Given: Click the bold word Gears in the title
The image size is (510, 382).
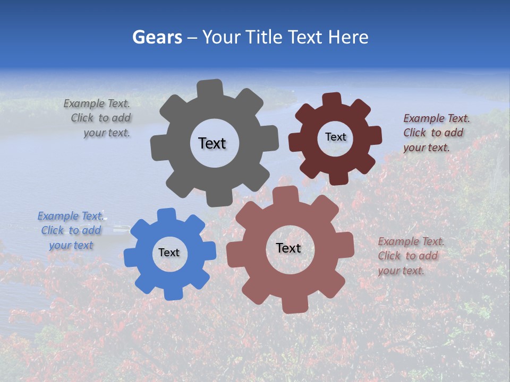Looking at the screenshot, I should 157,37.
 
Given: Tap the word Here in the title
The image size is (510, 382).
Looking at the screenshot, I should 348,37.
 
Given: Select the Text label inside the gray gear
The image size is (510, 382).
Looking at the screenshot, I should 212,143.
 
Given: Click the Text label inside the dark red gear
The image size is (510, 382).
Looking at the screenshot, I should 335,137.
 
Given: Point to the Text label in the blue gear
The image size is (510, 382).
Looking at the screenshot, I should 169,253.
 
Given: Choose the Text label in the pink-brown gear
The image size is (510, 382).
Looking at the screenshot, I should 288,248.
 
